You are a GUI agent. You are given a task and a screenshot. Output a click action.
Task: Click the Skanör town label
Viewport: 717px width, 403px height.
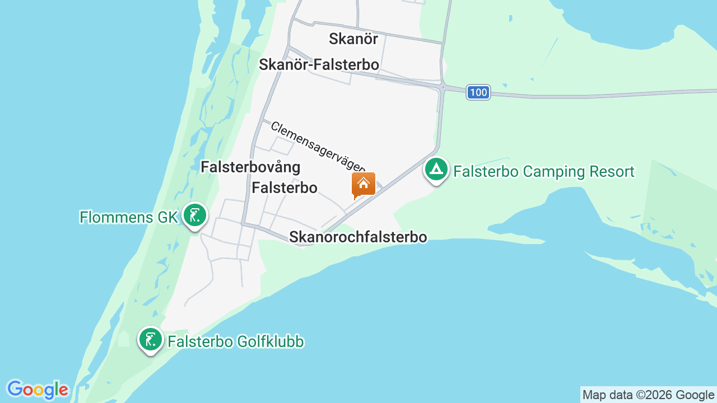click(x=353, y=39)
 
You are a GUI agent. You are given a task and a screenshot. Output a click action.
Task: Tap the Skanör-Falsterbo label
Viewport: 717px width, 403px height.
click(x=319, y=64)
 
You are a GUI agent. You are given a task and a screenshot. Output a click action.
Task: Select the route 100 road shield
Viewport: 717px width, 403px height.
click(x=478, y=92)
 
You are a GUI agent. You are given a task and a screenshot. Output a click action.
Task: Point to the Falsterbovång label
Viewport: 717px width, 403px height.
click(x=250, y=167)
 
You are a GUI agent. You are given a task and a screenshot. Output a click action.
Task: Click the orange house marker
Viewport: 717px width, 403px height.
click(x=363, y=184)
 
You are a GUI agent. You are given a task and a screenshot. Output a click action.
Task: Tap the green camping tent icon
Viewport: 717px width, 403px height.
click(x=436, y=169)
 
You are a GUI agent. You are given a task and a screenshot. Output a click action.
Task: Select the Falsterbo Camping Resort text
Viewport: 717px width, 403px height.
click(x=543, y=171)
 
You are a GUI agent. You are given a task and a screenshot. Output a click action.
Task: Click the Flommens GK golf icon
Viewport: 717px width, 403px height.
click(x=194, y=215)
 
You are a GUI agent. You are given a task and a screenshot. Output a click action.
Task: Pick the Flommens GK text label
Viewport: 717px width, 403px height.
click(x=128, y=217)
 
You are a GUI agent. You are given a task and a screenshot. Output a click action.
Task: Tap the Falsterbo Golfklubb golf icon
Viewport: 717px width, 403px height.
click(x=150, y=339)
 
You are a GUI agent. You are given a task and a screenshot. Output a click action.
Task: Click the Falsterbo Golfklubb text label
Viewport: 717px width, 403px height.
click(x=236, y=341)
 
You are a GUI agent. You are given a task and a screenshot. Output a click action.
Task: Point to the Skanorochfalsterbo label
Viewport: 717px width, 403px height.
click(x=358, y=237)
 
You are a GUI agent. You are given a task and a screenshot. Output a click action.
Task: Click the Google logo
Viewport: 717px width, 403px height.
click(x=38, y=390)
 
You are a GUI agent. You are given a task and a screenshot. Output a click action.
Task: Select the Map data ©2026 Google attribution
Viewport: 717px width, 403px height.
click(x=648, y=395)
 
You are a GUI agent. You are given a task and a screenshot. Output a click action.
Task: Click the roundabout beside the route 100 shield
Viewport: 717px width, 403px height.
click(x=443, y=87)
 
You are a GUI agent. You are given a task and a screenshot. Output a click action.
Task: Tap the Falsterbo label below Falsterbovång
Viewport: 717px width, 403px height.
click(x=285, y=188)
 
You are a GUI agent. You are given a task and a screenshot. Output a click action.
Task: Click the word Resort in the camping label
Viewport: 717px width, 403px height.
click(x=608, y=171)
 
